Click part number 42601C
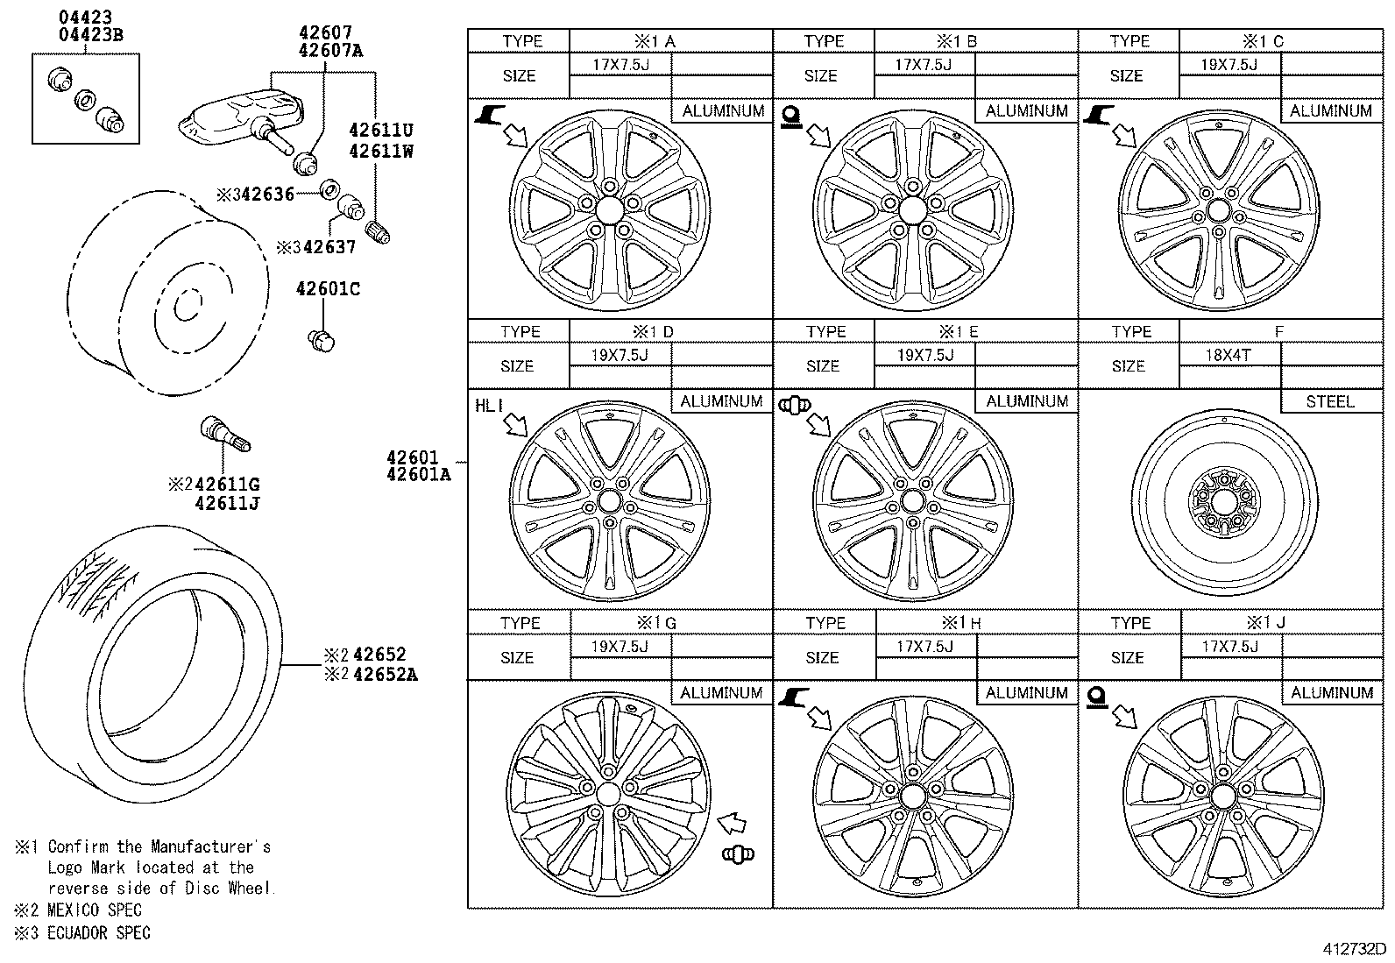point(328,290)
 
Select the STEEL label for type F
point(1329,401)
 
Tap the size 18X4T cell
point(1229,356)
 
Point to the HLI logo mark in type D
point(489,406)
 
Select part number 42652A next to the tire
point(385,675)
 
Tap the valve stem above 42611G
point(226,435)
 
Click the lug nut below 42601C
point(322,340)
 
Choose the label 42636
point(267,195)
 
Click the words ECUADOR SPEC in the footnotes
point(98,933)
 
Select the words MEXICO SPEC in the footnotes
point(94,910)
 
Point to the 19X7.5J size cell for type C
point(1229,65)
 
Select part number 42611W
point(380,151)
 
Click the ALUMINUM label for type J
point(1331,693)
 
